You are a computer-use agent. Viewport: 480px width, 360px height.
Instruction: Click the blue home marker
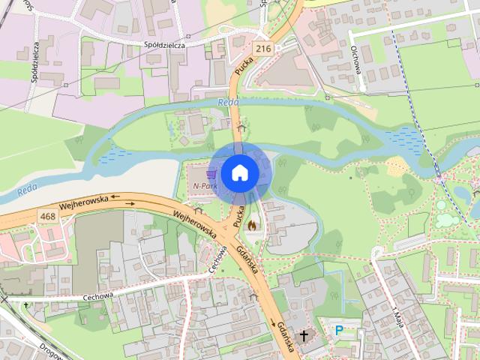(239, 172)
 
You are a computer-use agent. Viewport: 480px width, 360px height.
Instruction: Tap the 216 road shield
(262, 48)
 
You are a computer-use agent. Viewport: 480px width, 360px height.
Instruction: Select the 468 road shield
(49, 216)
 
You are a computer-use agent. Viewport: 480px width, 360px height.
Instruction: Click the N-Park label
(204, 185)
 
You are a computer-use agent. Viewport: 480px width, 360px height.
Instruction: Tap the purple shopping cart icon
(211, 174)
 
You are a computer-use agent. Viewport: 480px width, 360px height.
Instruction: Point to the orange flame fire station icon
(251, 223)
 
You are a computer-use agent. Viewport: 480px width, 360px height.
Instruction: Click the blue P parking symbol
(339, 330)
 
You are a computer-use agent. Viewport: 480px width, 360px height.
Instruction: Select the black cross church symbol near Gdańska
(304, 335)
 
